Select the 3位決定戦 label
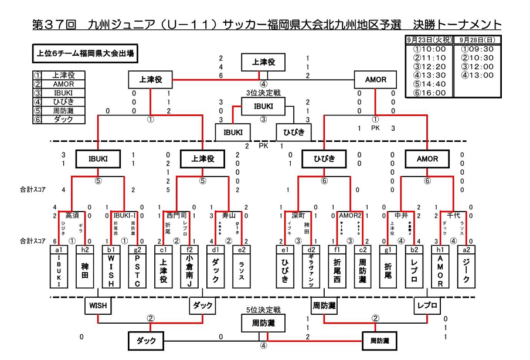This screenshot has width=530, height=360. click(x=263, y=93)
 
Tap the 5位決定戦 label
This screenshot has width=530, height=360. click(x=263, y=309)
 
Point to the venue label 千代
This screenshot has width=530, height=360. click(x=454, y=216)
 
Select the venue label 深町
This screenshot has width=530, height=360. click(x=299, y=216)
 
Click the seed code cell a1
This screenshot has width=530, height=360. click(x=59, y=249)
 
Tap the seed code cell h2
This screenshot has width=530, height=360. click(x=85, y=249)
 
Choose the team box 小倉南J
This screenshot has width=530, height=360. click(x=189, y=271)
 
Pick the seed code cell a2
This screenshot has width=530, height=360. click(x=467, y=249)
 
